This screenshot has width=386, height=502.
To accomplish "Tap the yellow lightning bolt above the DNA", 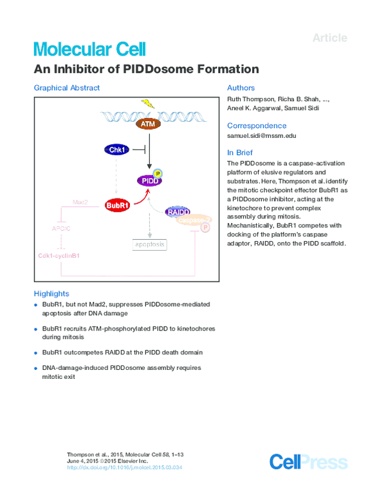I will point(148,103).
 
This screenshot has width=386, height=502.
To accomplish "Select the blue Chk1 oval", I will point(117,150).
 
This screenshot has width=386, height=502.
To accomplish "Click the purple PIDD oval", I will point(149,181).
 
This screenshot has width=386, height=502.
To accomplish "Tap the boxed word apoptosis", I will point(149,244).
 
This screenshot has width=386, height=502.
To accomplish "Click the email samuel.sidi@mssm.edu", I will point(261,137).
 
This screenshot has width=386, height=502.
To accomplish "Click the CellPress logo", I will point(308,462).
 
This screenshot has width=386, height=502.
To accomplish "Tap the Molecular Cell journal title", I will point(89,49).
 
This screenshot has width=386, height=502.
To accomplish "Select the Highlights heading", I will point(51,293).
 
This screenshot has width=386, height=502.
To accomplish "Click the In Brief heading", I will point(239,153).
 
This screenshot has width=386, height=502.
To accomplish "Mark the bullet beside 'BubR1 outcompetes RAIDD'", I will point(36,353).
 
